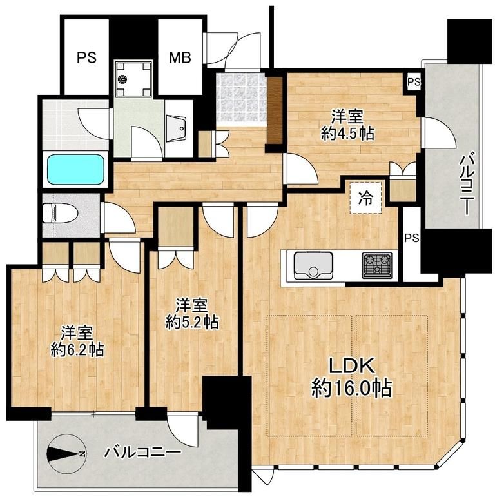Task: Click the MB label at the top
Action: [180, 57]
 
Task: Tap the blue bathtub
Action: [75, 169]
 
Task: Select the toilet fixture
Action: [60, 214]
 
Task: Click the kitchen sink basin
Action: [313, 265]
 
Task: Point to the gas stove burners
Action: [377, 264]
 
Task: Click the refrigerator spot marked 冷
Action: [366, 198]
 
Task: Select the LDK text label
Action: [351, 365]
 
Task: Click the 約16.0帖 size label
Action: [351, 388]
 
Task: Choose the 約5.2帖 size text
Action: [192, 322]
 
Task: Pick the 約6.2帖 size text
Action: [77, 350]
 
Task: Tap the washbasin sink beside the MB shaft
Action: [176, 129]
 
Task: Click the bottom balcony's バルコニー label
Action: [143, 453]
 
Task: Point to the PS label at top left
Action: [87, 57]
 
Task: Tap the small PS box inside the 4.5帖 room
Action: [414, 82]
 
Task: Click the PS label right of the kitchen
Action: [411, 238]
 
